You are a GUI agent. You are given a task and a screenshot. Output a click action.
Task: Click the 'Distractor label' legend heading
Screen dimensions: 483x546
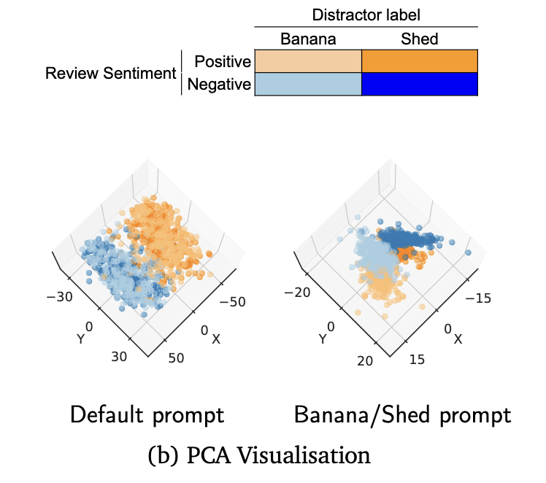pos(366,15)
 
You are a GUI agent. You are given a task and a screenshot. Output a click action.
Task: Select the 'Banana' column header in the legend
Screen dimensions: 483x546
pos(308,39)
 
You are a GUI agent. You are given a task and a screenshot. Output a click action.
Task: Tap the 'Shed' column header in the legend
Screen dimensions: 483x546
pos(420,39)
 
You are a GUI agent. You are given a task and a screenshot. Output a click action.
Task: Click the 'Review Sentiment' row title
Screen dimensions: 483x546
pos(111,74)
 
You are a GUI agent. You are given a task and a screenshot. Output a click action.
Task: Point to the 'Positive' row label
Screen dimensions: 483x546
pos(219,62)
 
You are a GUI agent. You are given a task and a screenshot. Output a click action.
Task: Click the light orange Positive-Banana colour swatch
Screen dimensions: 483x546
pos(307,61)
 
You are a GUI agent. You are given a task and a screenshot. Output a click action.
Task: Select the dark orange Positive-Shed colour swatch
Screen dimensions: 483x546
pos(420,61)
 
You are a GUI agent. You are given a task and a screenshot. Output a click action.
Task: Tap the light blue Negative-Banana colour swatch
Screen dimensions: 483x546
pos(307,85)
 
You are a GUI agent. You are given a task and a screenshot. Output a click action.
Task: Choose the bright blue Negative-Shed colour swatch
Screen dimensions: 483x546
pos(420,85)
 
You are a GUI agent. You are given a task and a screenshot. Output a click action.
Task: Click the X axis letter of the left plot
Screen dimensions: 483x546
pos(215,339)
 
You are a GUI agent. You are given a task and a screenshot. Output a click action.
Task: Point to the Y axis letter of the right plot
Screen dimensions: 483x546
pos(322,339)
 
